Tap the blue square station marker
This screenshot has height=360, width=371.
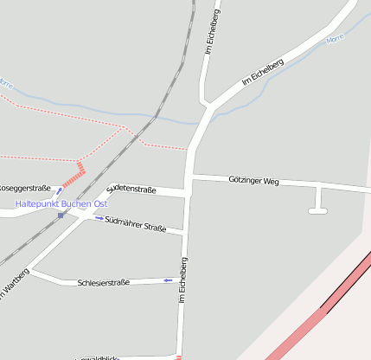tap(61, 215)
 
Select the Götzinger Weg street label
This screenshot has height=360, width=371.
tap(253, 182)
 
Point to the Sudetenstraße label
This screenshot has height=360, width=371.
tap(131, 189)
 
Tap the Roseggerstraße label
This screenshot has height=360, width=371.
tap(24, 188)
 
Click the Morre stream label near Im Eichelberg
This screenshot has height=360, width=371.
tap(336, 40)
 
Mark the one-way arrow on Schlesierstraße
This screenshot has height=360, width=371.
tap(168, 280)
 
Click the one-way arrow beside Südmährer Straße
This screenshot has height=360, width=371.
tap(98, 218)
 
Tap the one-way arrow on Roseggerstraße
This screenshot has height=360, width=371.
tap(59, 189)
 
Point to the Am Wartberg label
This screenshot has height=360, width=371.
tap(15, 285)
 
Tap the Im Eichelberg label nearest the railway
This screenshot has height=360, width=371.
tap(211, 33)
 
